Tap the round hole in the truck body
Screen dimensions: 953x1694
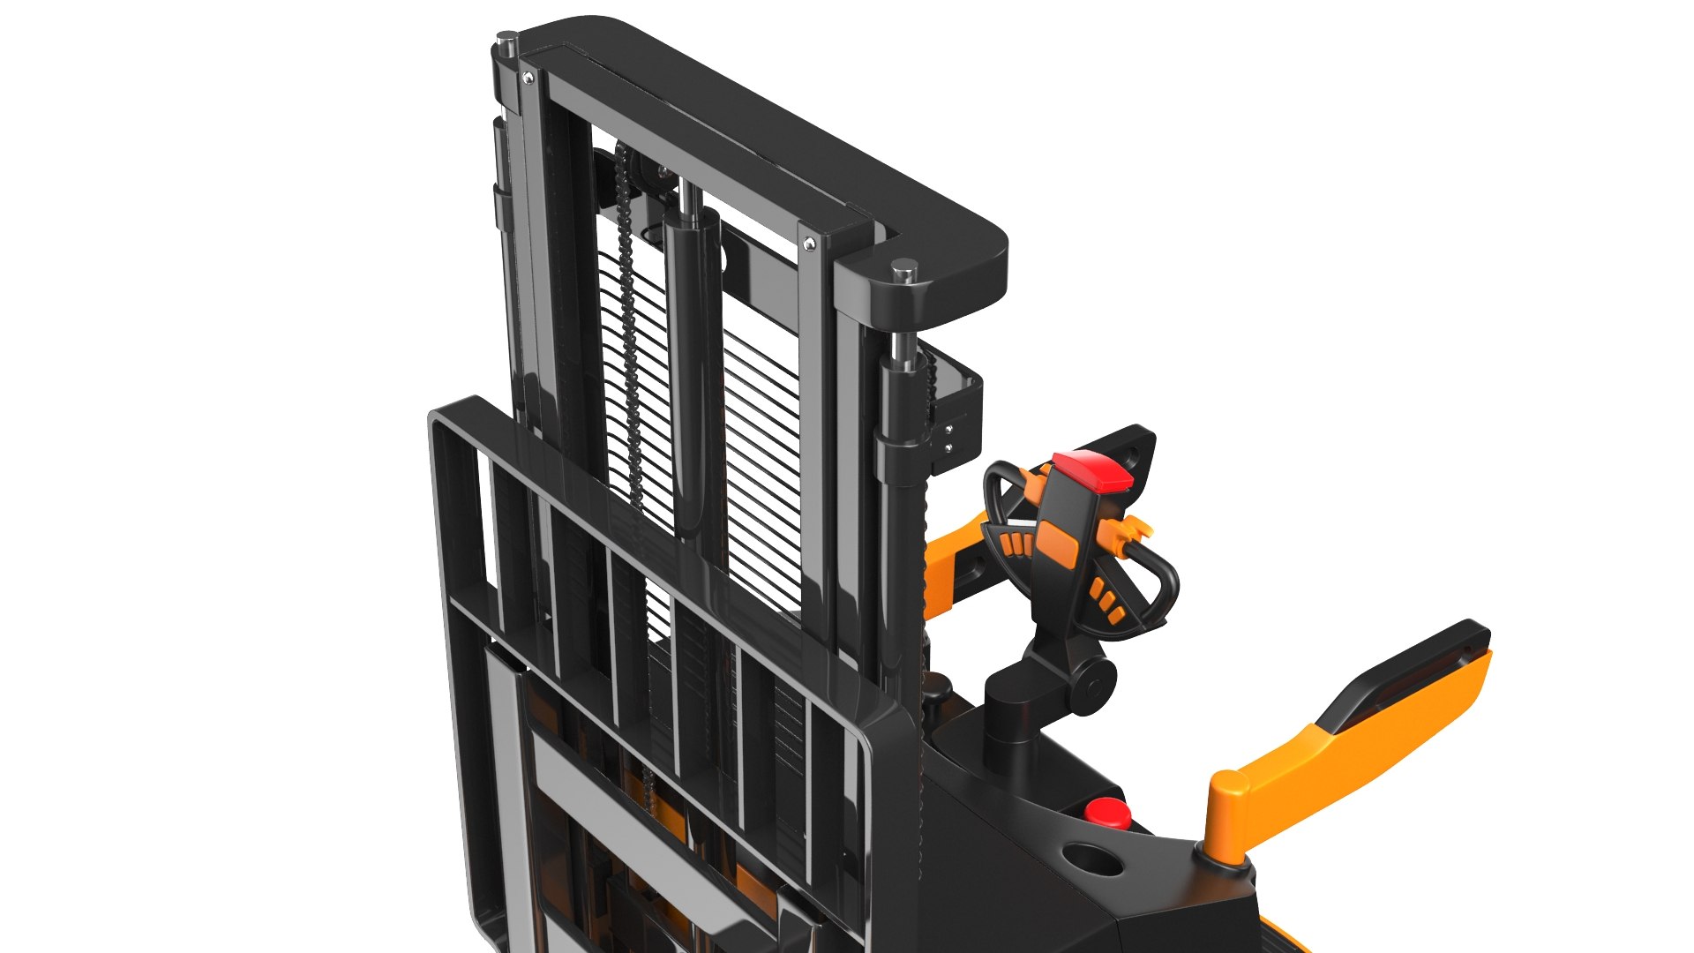pos(1093,859)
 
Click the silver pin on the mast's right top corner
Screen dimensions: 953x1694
pos(903,270)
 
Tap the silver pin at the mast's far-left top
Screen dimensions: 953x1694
pos(506,41)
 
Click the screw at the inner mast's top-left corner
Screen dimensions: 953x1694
pos(528,79)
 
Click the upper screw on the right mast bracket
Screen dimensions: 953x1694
pos(949,431)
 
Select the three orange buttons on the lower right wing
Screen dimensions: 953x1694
pos(1106,600)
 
